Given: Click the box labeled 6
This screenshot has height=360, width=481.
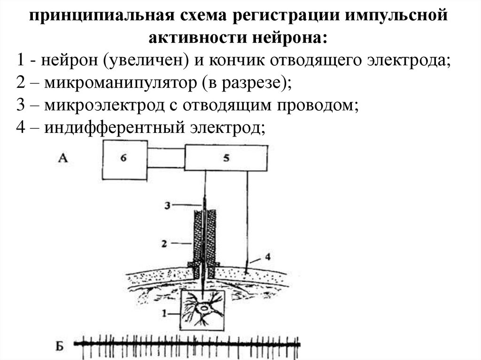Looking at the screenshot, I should click(x=124, y=159).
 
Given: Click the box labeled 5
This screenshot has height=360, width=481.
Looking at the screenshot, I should click(x=226, y=158).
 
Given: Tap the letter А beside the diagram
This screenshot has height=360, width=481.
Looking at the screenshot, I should click(x=63, y=158).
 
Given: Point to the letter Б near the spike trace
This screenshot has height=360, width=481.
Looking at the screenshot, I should click(x=59, y=347).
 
